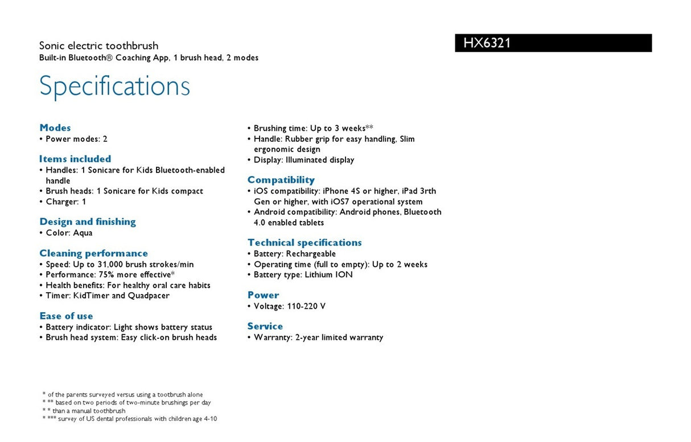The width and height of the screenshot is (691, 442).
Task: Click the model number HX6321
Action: click(487, 43)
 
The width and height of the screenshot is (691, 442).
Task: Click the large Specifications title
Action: click(114, 86)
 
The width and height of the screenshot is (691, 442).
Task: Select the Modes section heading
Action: click(55, 128)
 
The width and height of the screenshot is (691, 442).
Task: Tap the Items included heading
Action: click(75, 159)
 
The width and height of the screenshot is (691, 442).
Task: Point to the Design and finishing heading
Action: click(88, 222)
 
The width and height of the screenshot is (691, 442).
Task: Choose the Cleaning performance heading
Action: click(93, 253)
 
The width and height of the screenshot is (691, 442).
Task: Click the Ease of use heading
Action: click(66, 316)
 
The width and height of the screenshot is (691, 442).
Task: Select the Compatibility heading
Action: click(281, 180)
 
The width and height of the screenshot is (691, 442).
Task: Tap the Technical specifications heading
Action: click(305, 243)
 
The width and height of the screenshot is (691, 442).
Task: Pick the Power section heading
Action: click(263, 295)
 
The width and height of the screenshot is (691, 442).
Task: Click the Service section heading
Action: click(265, 326)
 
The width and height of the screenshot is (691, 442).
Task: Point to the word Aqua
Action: click(83, 233)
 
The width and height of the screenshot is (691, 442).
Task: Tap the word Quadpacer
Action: click(149, 296)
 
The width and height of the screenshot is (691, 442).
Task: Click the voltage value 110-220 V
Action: click(306, 306)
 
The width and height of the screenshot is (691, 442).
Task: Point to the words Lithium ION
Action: click(328, 275)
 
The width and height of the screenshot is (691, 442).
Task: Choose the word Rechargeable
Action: click(311, 254)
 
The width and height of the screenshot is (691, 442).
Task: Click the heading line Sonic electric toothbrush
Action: click(98, 46)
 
